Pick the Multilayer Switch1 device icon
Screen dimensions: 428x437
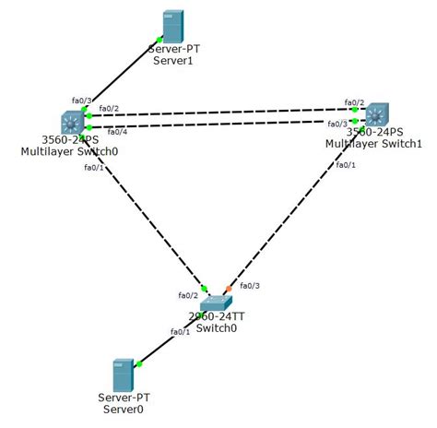point(376,115)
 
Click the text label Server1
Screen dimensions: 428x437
point(170,60)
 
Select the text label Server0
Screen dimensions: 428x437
point(123,408)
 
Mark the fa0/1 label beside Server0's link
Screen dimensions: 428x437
point(180,332)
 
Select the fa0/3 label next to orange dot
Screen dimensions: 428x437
point(250,285)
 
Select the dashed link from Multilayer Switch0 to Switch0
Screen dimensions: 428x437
point(143,211)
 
